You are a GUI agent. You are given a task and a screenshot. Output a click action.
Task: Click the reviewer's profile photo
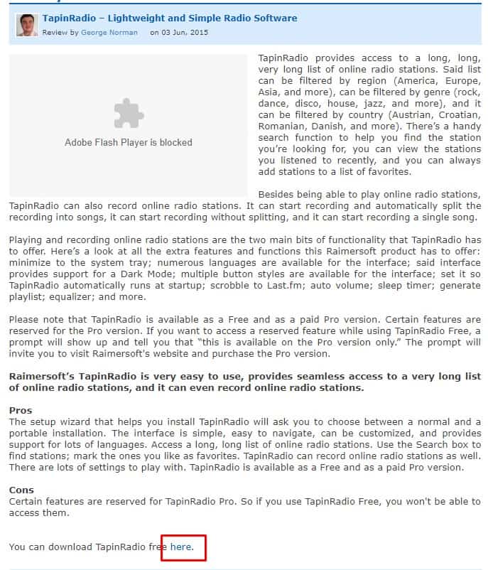[26, 25]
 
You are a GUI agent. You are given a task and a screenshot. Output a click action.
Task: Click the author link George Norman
[109, 33]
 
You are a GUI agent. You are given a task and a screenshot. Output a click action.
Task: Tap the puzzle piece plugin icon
[129, 114]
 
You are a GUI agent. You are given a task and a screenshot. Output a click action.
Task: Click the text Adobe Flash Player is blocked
[129, 142]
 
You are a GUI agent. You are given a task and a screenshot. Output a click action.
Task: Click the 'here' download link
[181, 547]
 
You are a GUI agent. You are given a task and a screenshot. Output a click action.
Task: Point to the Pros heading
[20, 411]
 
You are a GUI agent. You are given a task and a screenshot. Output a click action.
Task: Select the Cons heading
[21, 490]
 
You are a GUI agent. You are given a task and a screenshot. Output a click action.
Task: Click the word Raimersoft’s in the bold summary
[41, 377]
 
